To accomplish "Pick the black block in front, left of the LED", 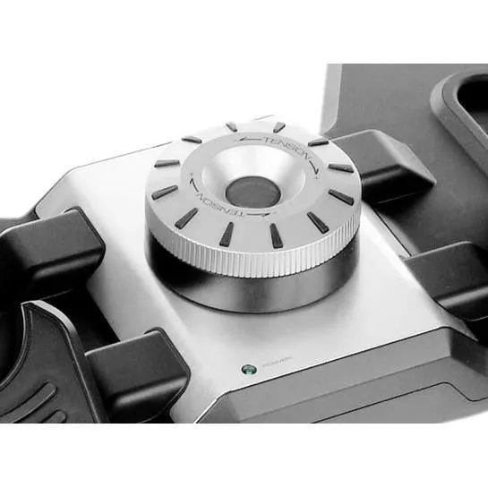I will point(134,367).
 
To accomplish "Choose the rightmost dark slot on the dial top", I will point(341,196).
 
